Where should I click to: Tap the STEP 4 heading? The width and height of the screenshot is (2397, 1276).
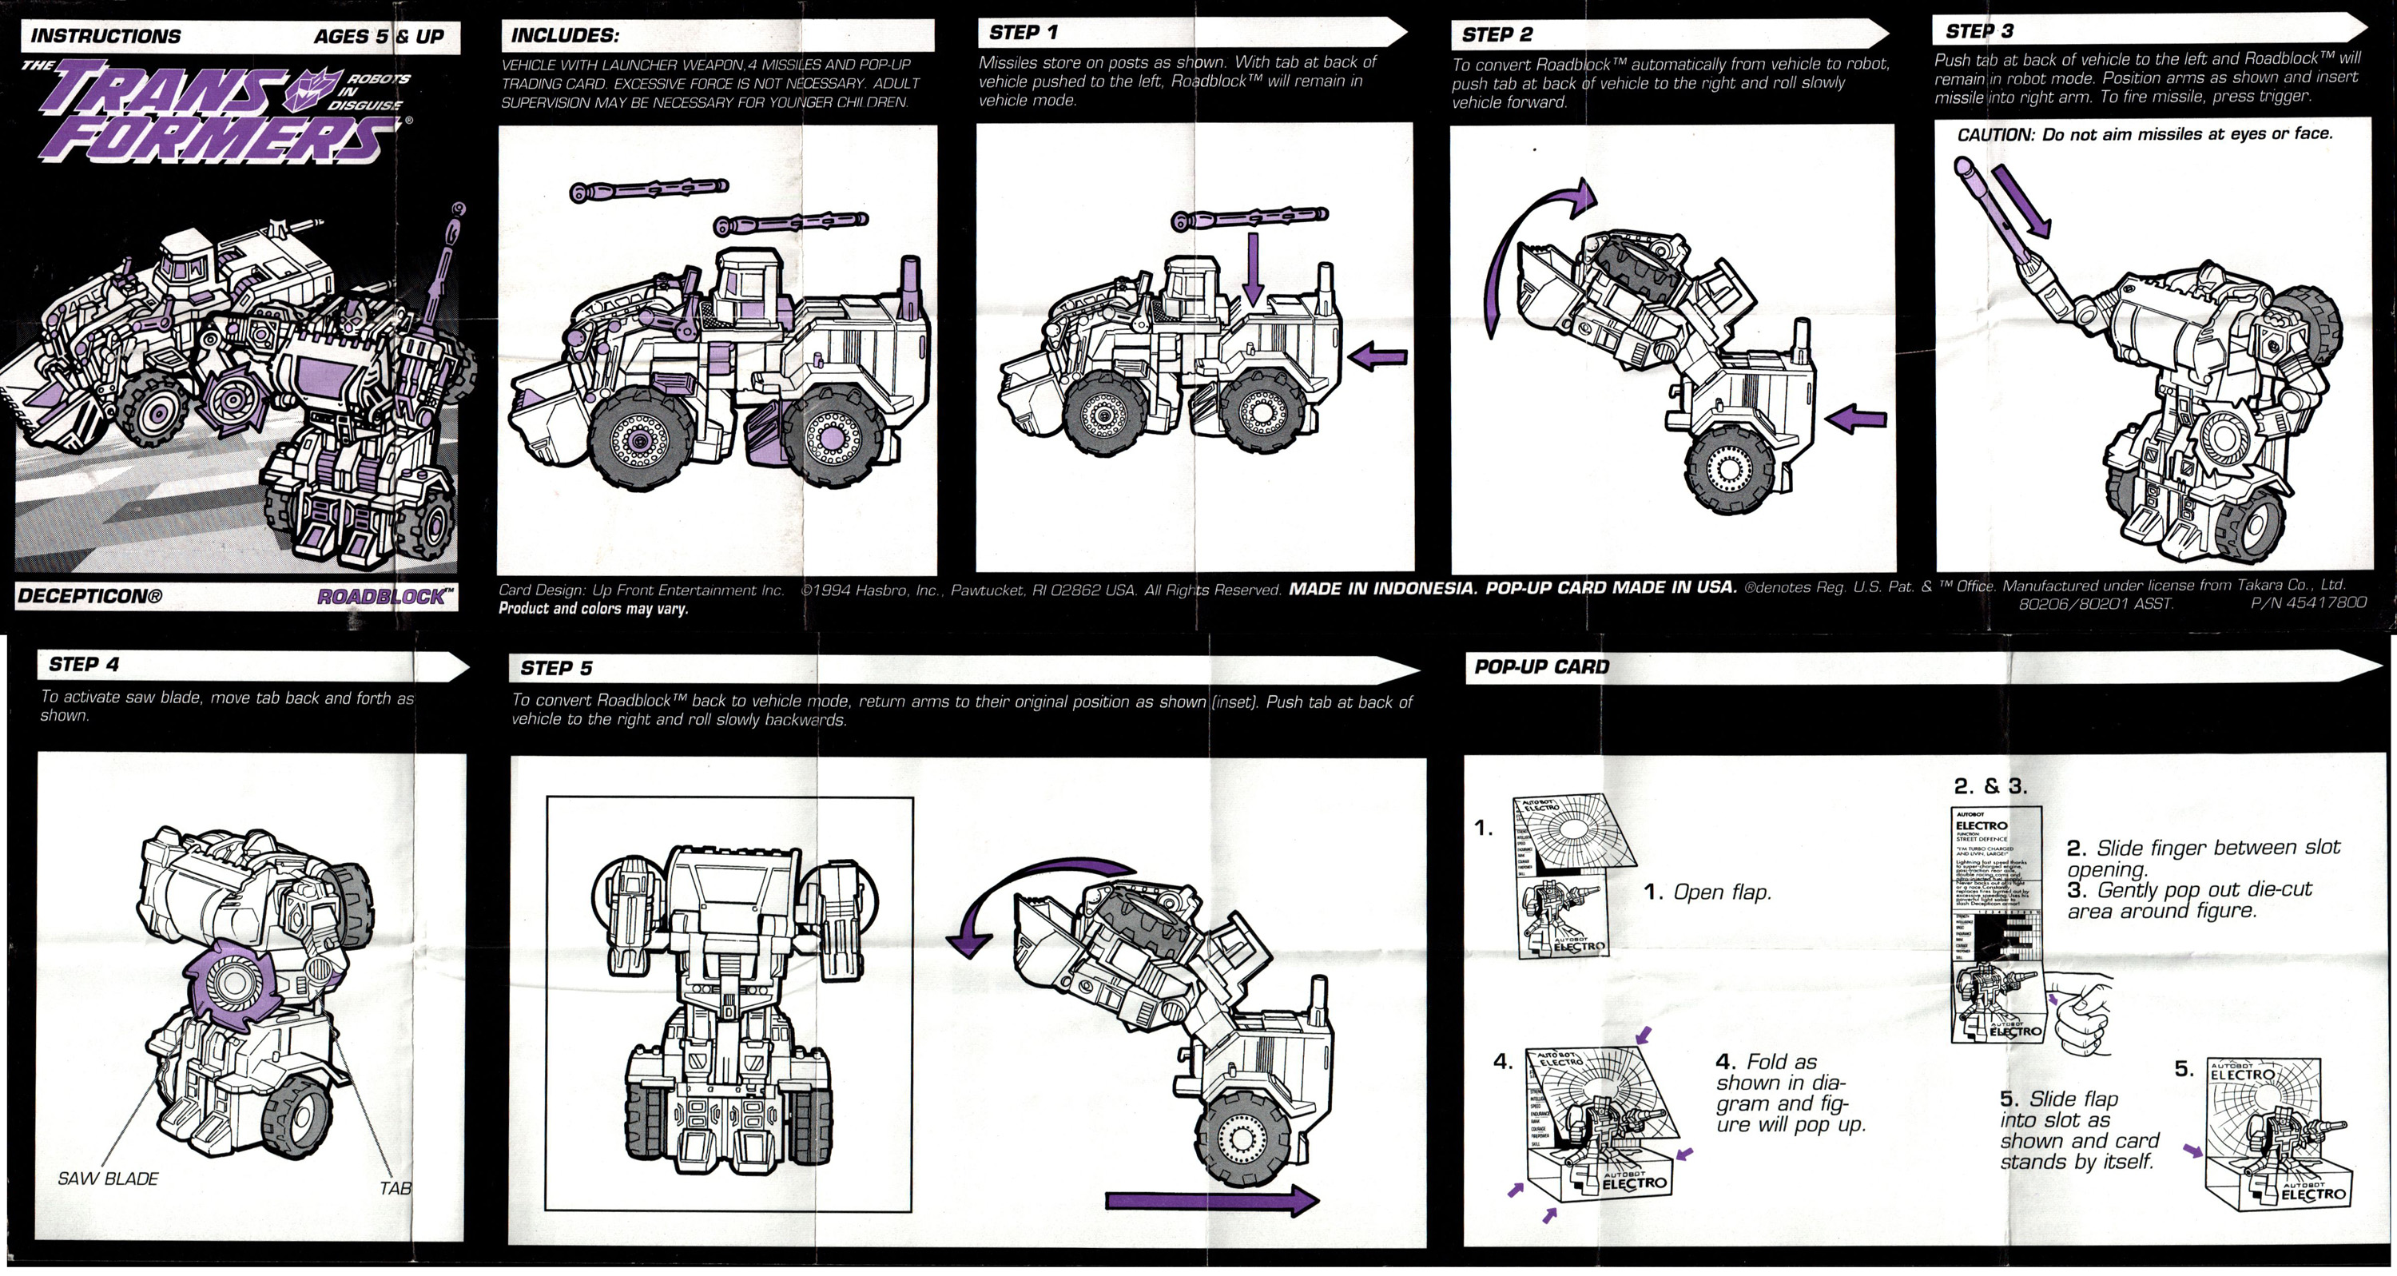(84, 665)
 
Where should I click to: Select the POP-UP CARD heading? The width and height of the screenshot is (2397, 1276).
(1541, 667)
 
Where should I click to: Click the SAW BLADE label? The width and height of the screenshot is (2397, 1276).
(108, 1179)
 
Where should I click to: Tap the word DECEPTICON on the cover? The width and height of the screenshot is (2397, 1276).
(89, 597)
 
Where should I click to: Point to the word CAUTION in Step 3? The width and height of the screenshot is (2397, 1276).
(1994, 135)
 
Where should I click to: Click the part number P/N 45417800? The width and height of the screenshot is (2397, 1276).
(2308, 603)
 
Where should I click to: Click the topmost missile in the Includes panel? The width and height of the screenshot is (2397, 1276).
(649, 191)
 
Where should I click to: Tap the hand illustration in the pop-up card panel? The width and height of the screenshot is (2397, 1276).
(2079, 1015)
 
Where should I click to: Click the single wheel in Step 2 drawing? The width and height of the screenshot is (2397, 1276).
(1729, 468)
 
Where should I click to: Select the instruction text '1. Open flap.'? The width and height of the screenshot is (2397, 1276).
(1707, 892)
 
